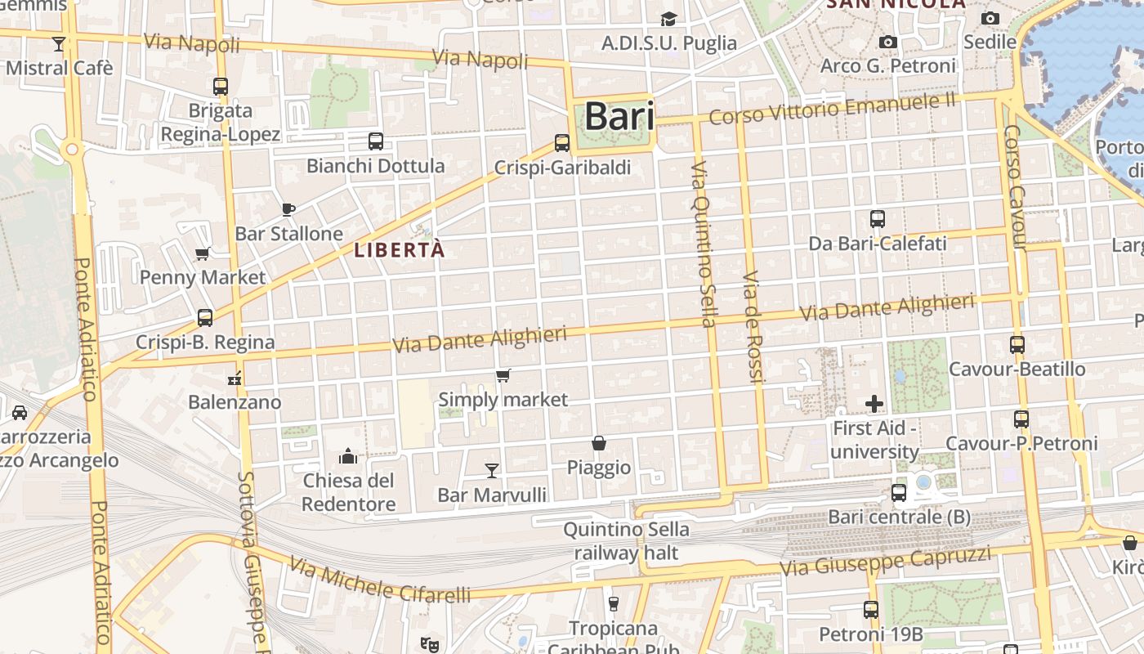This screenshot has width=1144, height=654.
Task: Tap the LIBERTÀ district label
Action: click(400, 250)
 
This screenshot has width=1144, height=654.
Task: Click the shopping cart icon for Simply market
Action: click(503, 376)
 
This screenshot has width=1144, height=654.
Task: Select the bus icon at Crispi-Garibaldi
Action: click(562, 143)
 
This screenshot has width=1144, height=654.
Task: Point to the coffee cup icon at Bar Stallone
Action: click(288, 209)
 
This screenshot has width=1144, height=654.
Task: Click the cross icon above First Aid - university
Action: click(874, 404)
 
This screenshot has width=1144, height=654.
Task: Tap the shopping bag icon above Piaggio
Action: click(599, 443)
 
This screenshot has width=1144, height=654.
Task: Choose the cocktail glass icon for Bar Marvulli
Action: click(492, 470)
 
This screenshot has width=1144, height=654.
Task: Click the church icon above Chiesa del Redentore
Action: click(348, 455)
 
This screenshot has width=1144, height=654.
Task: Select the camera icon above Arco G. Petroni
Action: click(888, 42)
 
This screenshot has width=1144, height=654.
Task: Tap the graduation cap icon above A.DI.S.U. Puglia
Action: click(669, 19)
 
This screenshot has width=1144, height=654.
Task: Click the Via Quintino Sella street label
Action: click(704, 244)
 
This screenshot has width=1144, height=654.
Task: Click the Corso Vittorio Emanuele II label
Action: click(832, 110)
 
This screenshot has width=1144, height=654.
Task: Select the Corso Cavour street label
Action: click(1016, 187)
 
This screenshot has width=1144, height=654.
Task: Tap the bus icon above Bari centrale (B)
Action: click(899, 493)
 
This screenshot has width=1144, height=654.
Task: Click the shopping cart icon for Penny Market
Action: click(203, 253)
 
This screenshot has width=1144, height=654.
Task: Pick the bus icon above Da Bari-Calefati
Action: click(878, 219)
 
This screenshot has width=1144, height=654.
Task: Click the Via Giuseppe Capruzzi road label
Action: click(885, 562)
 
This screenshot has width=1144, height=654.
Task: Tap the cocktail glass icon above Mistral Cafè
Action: click(59, 43)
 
